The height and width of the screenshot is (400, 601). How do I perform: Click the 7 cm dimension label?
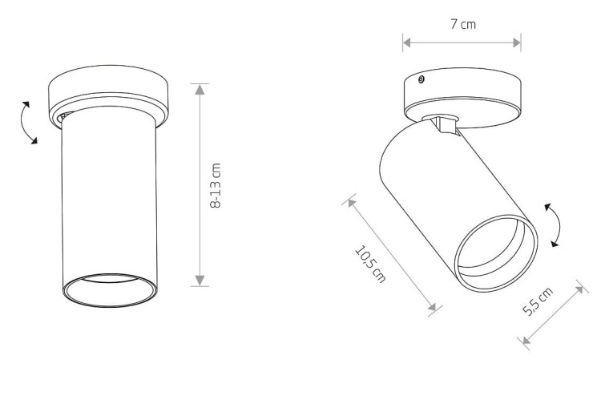point(462,24)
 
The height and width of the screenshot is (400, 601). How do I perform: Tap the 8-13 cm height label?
point(216,186)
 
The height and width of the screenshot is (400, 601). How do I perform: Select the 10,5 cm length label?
point(370,265)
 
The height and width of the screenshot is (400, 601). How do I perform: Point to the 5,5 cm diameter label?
point(538,301)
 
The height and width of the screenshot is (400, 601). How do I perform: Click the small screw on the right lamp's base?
point(421,80)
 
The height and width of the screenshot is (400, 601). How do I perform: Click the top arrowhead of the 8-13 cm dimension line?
point(200,89)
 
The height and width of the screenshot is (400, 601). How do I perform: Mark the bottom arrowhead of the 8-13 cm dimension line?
point(200,281)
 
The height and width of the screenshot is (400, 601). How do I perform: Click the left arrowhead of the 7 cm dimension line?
point(407,43)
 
